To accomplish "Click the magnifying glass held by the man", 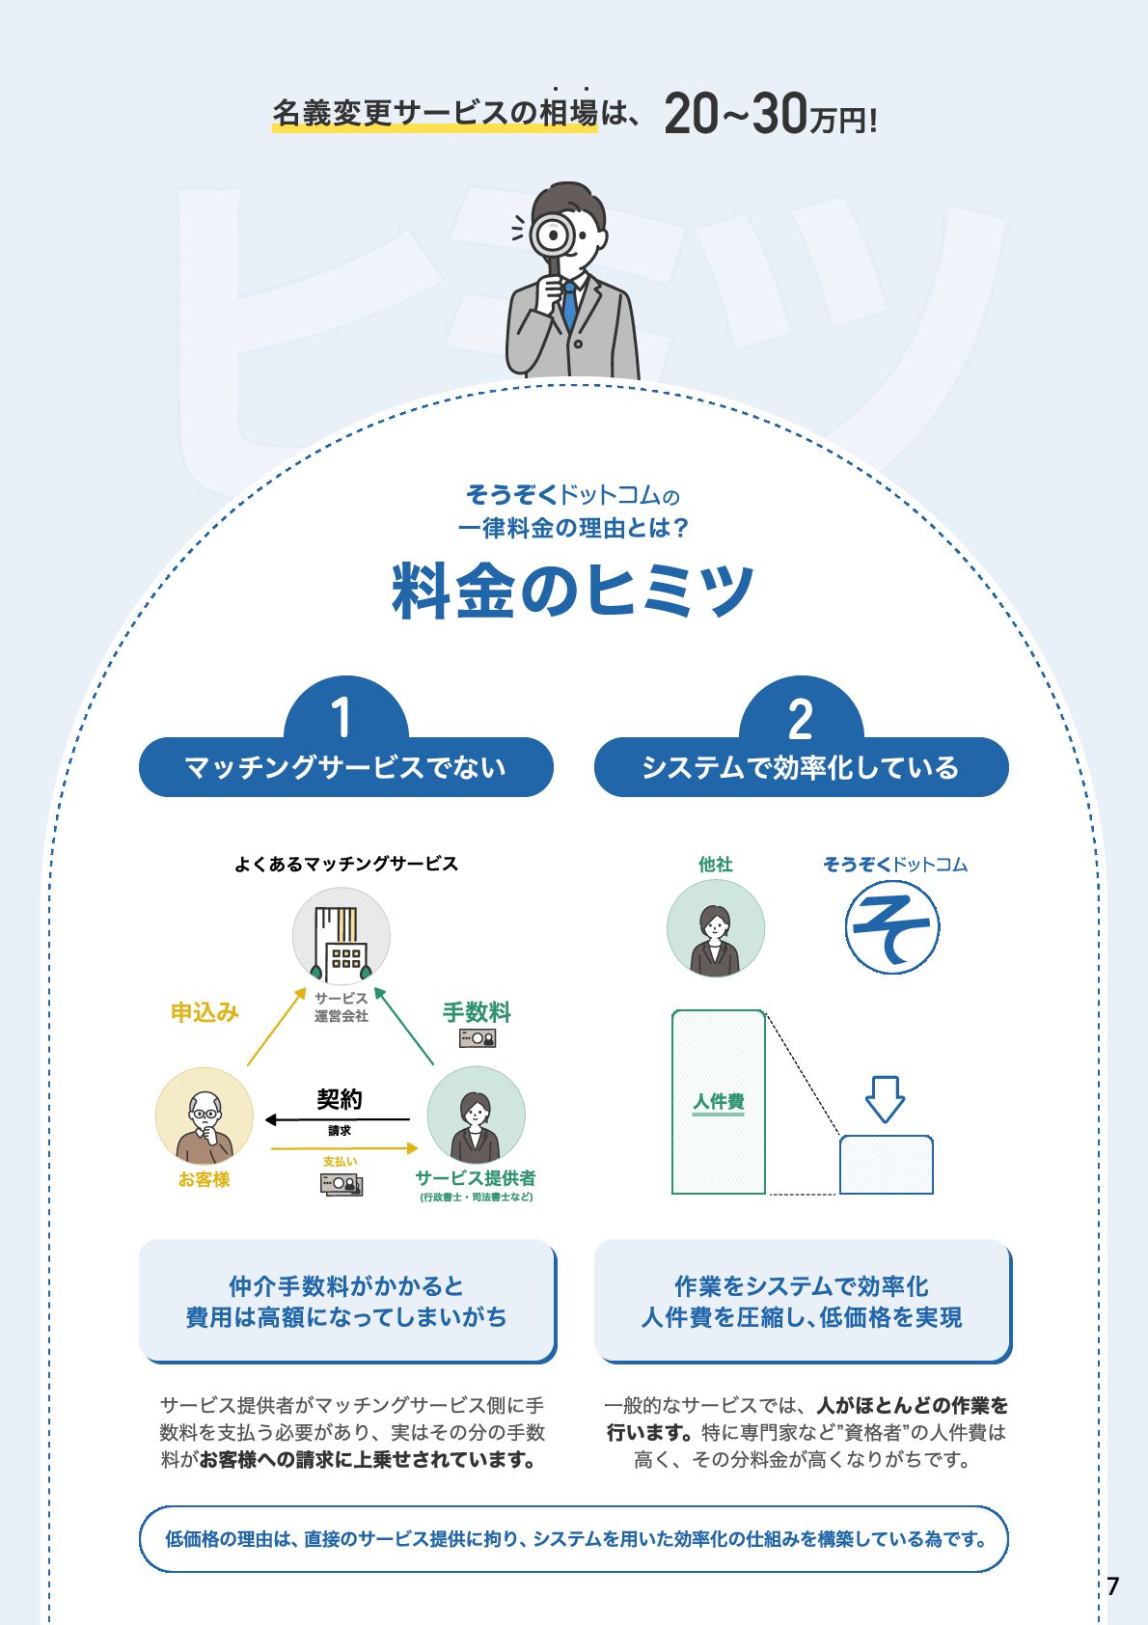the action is click(x=554, y=234).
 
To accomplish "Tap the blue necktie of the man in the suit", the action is click(x=570, y=305).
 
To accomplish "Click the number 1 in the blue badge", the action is click(x=341, y=718).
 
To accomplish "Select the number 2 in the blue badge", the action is click(x=800, y=719).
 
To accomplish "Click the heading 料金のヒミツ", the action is click(x=573, y=591).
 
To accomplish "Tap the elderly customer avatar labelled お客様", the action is click(x=205, y=1116).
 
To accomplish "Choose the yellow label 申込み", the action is click(x=205, y=1012).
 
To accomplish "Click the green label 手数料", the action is click(x=477, y=1012).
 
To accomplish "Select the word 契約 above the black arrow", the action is click(x=340, y=1099).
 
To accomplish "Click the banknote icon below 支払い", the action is click(x=342, y=1183).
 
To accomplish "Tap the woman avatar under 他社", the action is click(x=715, y=929).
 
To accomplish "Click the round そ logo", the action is click(x=892, y=929).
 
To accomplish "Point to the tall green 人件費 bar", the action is click(x=719, y=1102).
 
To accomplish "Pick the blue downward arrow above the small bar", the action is click(x=885, y=1099).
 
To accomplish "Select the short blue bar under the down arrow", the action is click(x=886, y=1166).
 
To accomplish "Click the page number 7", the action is click(x=1113, y=1586).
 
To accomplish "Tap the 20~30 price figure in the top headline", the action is click(x=735, y=114).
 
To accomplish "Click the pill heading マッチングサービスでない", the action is click(x=345, y=768).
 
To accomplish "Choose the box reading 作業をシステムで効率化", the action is click(x=802, y=1301).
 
